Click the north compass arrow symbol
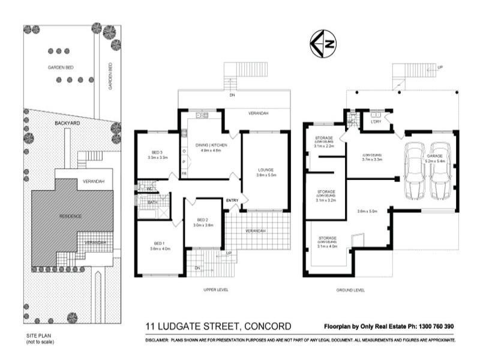[x=323, y=43]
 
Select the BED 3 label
[x=157, y=152]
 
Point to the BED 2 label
[x=203, y=220]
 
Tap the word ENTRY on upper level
[x=233, y=200]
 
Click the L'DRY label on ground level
[x=377, y=122]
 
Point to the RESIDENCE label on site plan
[x=70, y=215]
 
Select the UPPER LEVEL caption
[x=215, y=290]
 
